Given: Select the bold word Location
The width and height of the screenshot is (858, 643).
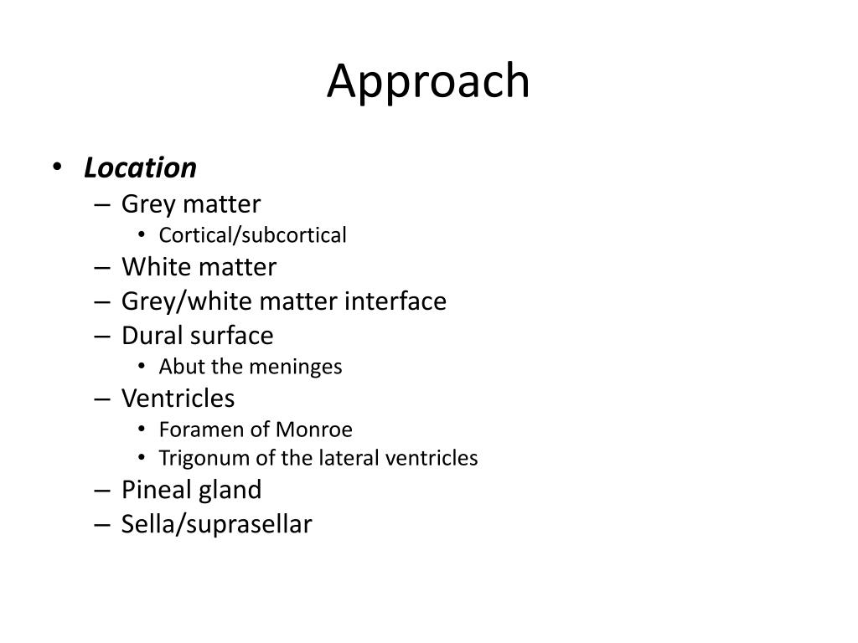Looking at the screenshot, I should (x=140, y=168).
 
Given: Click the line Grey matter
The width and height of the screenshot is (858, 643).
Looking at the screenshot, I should (x=191, y=204).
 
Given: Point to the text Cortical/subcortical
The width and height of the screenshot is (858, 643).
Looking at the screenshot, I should (x=252, y=236).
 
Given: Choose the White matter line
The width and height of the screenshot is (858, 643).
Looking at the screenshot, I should (x=199, y=267).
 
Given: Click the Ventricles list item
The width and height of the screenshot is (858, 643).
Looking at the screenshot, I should (x=178, y=398).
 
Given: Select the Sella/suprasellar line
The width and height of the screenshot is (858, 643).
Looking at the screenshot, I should (x=216, y=525).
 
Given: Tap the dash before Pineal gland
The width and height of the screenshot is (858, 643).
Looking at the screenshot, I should (x=102, y=490).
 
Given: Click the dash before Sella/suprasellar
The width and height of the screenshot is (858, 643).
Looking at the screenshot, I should (x=102, y=525).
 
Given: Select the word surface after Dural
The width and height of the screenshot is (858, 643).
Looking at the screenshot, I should (x=232, y=336).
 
